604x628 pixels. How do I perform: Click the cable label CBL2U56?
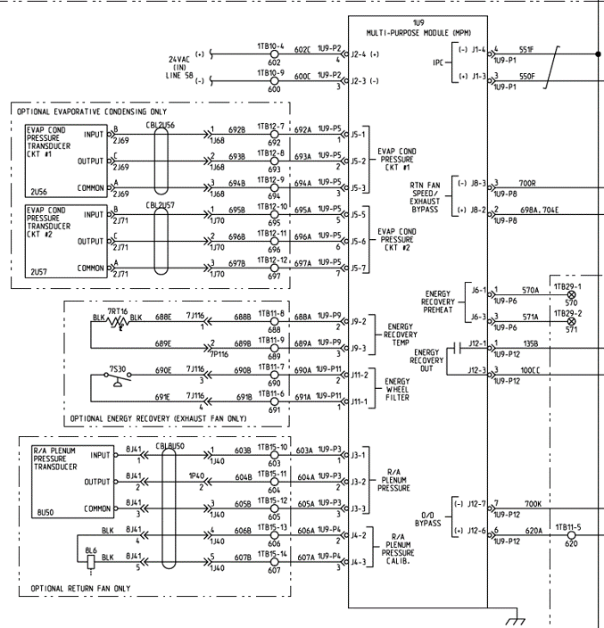pyautogui.click(x=161, y=126)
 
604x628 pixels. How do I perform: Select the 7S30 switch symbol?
pyautogui.click(x=115, y=377)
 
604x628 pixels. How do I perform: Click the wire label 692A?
pyautogui.click(x=303, y=129)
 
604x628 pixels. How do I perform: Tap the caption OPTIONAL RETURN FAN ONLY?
pyautogui.click(x=80, y=589)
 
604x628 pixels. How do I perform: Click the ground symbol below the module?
pyautogui.click(x=516, y=620)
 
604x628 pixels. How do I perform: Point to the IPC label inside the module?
pyautogui.click(x=437, y=64)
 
